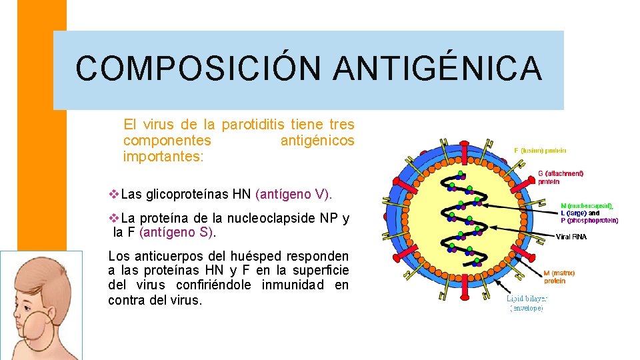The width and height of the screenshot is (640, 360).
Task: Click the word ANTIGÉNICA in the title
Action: pyautogui.click(x=437, y=69)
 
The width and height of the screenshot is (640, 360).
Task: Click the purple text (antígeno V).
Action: pyautogui.click(x=293, y=195)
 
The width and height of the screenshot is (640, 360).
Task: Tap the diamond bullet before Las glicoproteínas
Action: pyautogui.click(x=113, y=195)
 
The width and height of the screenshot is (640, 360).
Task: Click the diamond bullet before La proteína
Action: pyautogui.click(x=113, y=218)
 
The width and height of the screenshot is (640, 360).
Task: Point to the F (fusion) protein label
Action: pyautogui.click(x=541, y=150)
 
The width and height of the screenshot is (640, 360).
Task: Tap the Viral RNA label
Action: pyautogui.click(x=571, y=237)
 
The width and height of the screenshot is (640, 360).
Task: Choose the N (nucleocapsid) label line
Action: pyautogui.click(x=587, y=206)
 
